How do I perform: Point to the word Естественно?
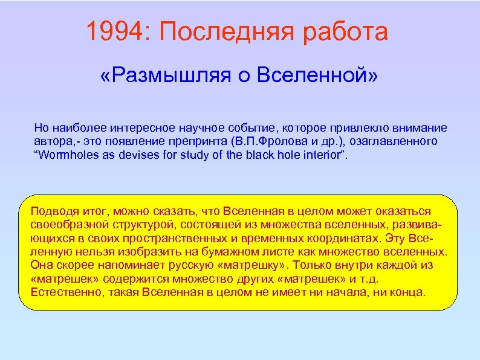[x=60, y=292]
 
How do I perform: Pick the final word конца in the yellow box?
[x=410, y=292]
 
